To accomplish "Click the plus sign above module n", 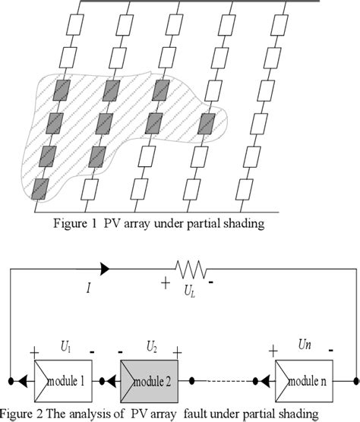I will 271,351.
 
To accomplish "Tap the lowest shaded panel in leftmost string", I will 42,187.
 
